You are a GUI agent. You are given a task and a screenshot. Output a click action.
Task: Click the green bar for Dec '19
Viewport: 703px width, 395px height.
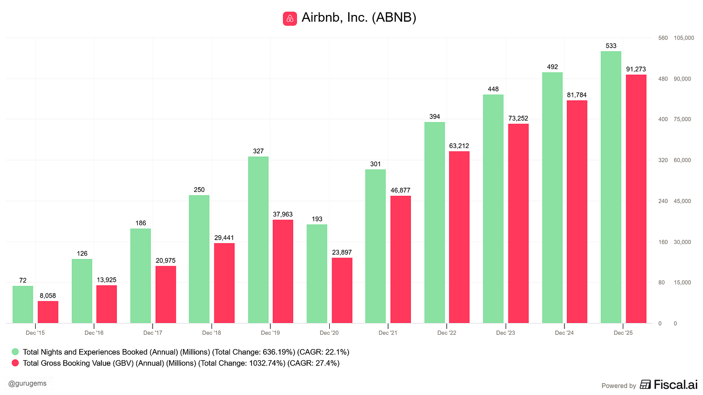[x=258, y=240]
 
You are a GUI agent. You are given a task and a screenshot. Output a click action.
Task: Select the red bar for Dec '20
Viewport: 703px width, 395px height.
[x=342, y=290]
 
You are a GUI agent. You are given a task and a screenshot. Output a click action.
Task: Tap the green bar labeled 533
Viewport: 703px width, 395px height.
[x=611, y=187]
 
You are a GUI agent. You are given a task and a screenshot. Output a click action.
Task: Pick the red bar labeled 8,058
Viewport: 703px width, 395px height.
[x=48, y=312]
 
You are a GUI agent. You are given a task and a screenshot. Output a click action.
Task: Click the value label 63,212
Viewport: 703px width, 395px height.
[x=459, y=146]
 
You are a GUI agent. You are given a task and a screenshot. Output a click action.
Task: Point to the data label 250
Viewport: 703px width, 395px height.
[x=199, y=190]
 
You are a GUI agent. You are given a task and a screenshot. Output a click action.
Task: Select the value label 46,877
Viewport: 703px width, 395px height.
[x=400, y=191]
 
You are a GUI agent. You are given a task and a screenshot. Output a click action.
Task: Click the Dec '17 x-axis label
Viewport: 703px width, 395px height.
[x=153, y=333]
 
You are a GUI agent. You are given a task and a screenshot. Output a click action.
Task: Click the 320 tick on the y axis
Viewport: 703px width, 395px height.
[x=662, y=160]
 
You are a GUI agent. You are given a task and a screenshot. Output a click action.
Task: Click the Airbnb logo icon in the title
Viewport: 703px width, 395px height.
[x=290, y=18]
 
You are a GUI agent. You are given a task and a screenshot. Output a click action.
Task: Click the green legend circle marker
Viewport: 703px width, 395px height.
[x=16, y=352]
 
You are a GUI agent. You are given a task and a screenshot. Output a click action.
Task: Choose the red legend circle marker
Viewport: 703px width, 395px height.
[x=16, y=363]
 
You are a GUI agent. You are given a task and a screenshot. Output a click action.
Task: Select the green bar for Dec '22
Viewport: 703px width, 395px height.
[x=435, y=222]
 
